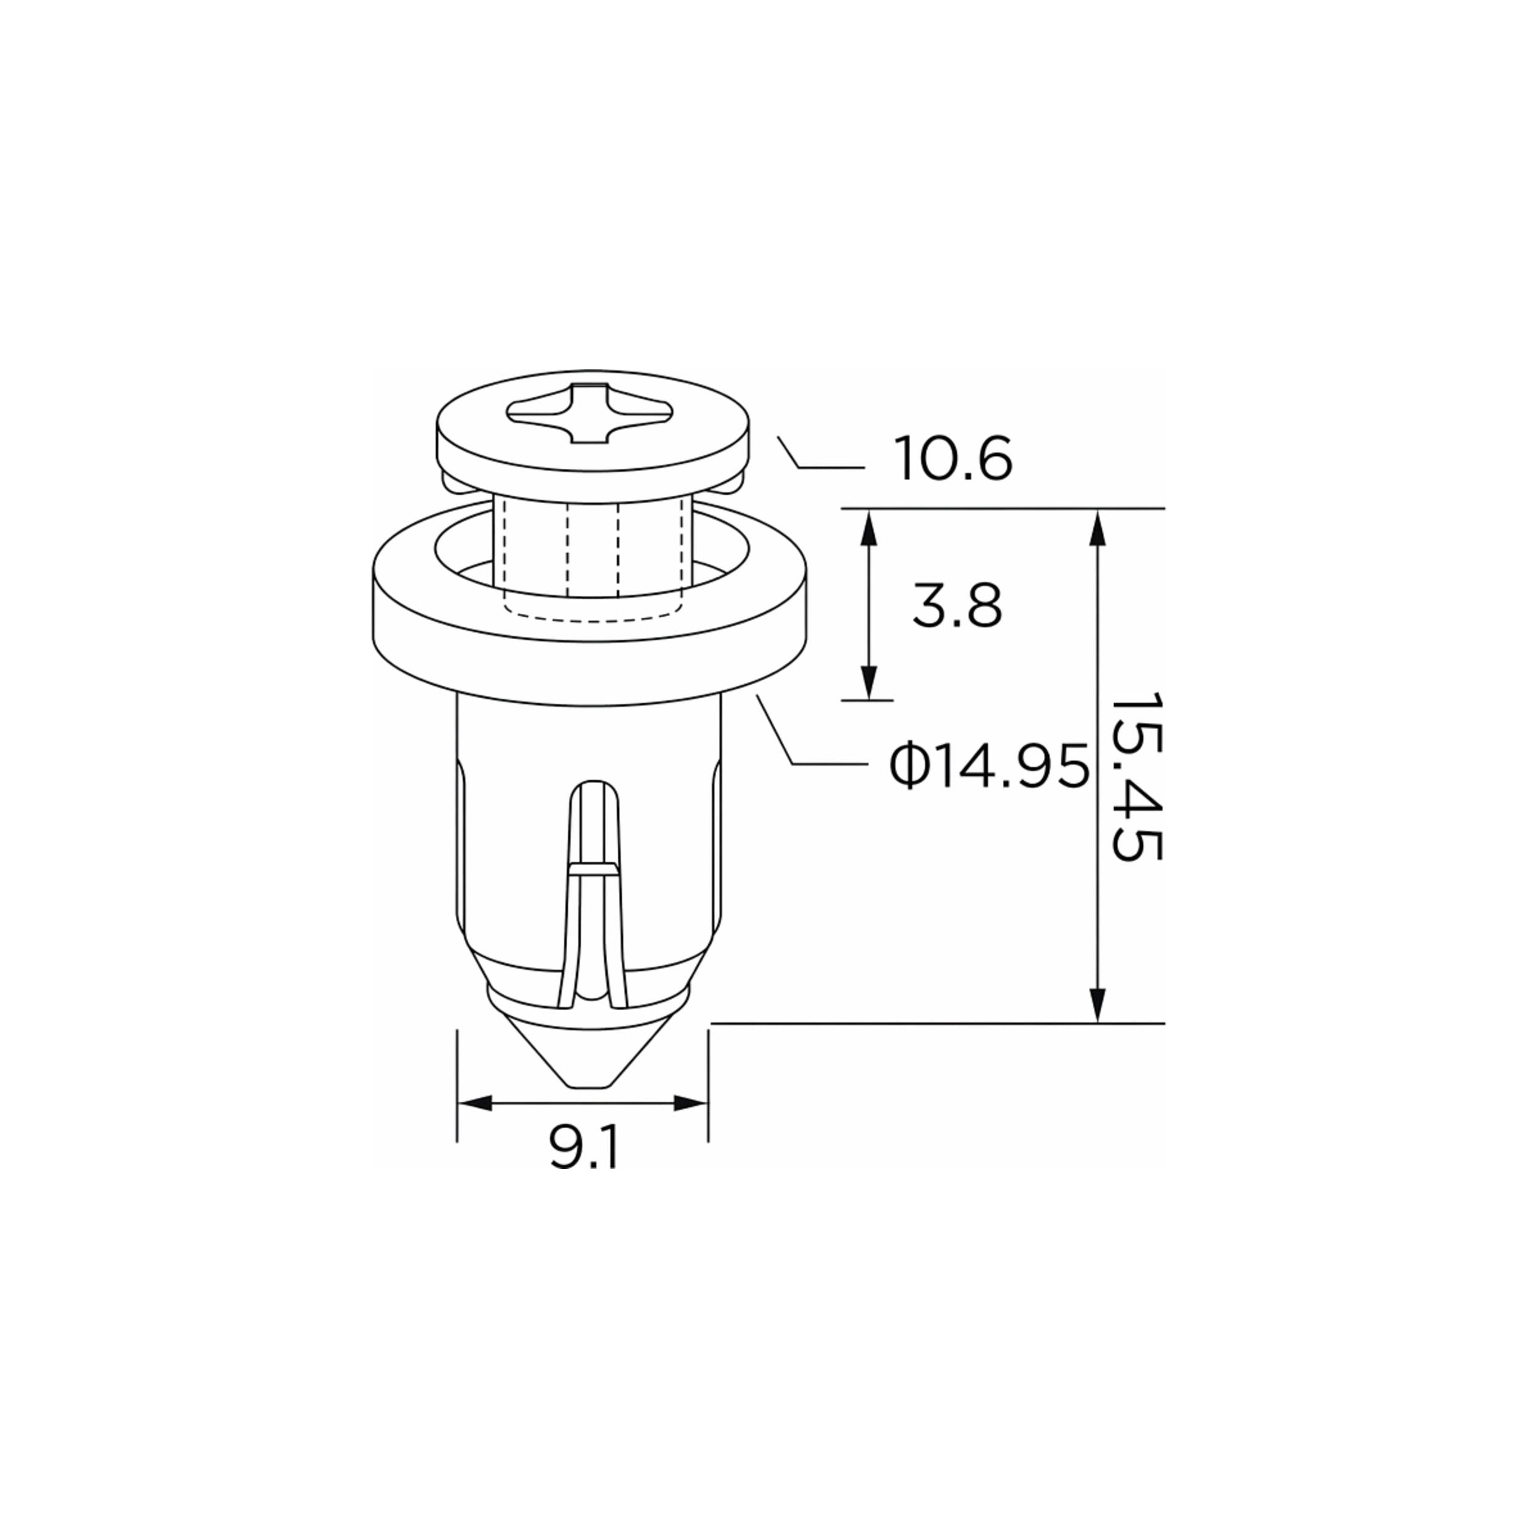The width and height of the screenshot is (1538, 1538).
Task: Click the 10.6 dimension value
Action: (953, 460)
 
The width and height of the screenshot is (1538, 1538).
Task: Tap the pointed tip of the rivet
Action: (590, 1085)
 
